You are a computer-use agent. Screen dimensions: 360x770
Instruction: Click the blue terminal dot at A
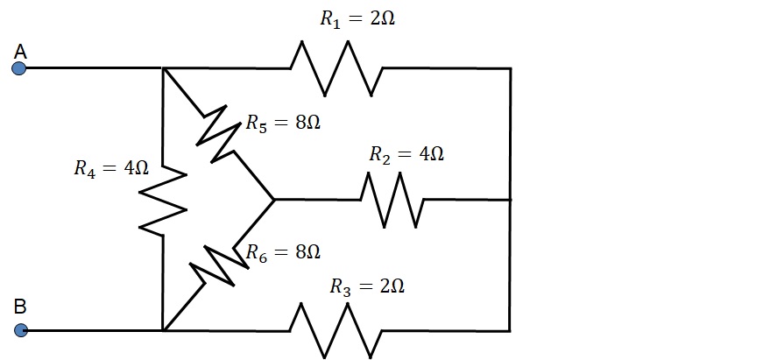[19, 68]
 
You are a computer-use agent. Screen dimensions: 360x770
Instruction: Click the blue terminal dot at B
[21, 330]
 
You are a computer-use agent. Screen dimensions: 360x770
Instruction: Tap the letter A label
[20, 52]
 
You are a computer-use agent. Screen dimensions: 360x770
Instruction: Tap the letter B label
[20, 307]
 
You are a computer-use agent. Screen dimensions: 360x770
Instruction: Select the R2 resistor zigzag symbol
[392, 200]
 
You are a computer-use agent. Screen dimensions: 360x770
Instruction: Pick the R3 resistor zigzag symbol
[336, 330]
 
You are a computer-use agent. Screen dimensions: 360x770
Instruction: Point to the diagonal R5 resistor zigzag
[218, 134]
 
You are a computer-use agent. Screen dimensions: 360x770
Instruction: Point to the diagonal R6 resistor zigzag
[214, 266]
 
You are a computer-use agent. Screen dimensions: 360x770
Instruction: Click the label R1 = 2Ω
[357, 19]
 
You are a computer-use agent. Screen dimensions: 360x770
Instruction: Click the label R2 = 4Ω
[406, 154]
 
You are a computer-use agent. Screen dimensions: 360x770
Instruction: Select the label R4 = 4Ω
[110, 169]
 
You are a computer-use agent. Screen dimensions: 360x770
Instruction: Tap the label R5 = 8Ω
[282, 123]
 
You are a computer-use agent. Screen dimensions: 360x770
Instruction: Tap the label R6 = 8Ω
[282, 252]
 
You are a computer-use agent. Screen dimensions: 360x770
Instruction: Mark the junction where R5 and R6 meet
[274, 200]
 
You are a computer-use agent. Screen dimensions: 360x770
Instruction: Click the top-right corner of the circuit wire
[510, 68]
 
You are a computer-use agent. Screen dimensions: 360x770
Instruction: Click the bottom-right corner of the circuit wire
[510, 330]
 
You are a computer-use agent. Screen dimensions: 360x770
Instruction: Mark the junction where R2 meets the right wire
[510, 200]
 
